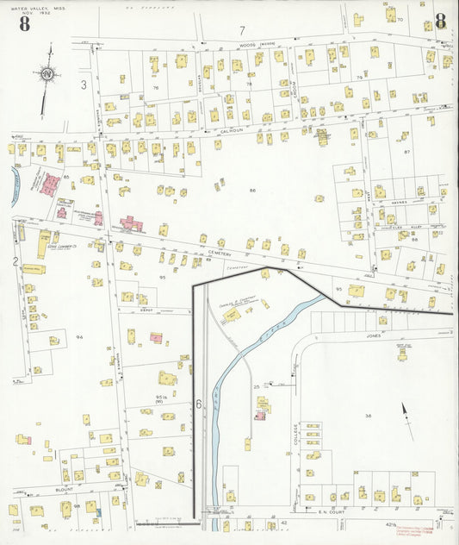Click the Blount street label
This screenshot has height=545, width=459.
tap(65, 487)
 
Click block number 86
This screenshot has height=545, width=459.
tap(252, 190)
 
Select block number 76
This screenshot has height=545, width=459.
tap(156, 88)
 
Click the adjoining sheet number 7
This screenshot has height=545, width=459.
tap(242, 31)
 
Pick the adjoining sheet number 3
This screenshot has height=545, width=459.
tap(84, 85)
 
